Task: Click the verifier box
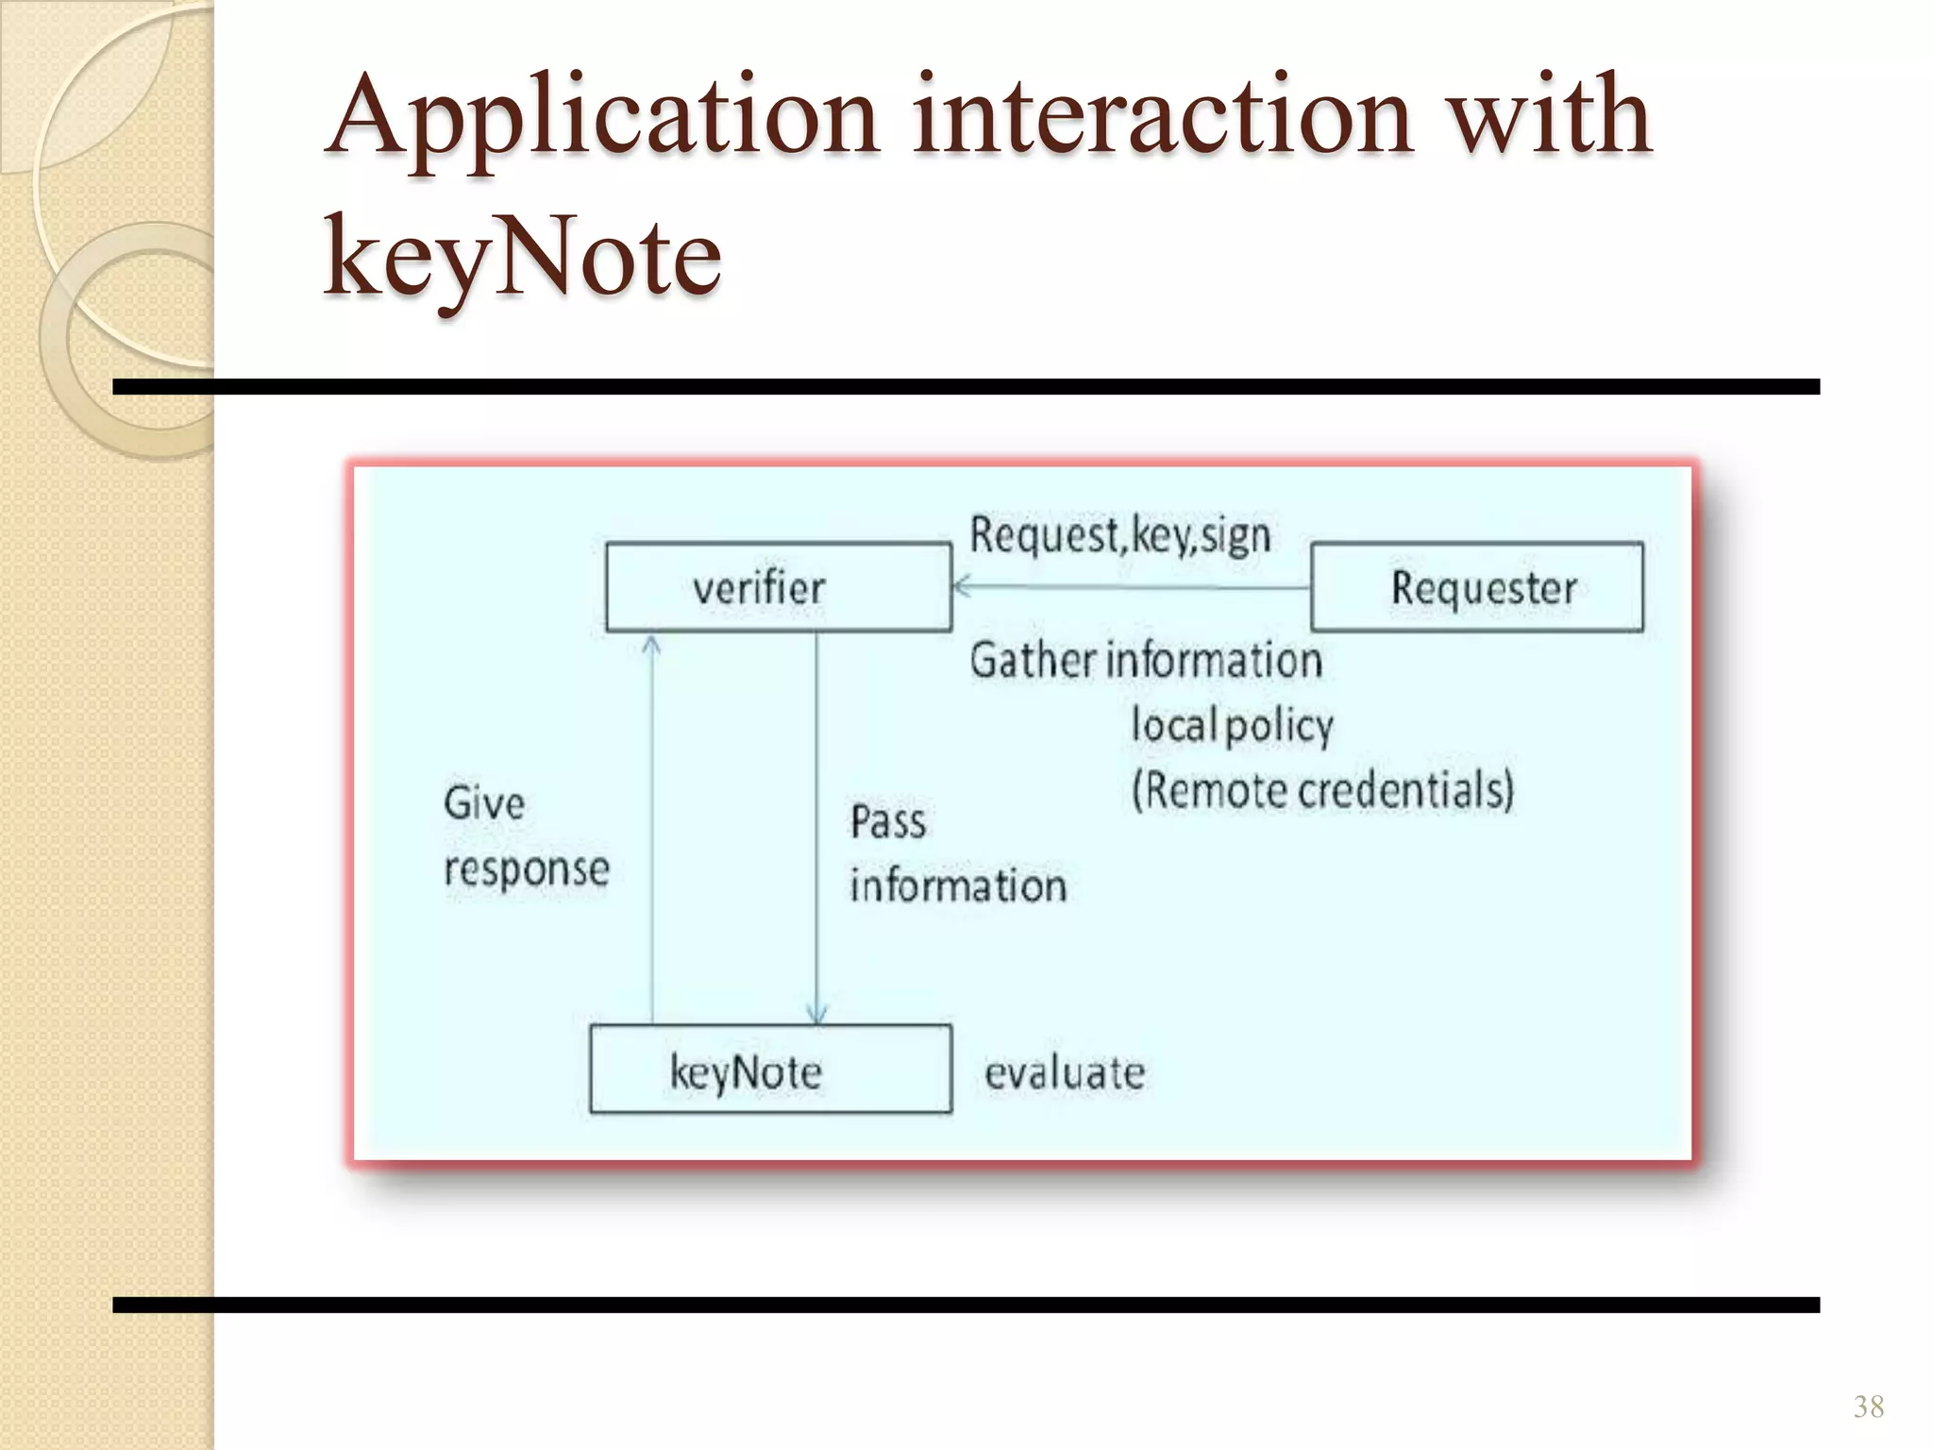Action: pos(778,586)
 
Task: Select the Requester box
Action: pos(1476,586)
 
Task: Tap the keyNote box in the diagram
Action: pos(770,1070)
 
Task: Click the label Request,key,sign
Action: pos(1120,535)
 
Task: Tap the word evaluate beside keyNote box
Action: pos(1065,1073)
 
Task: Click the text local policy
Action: pos(1232,726)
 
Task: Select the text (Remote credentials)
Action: pos(1322,790)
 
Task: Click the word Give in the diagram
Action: pos(484,803)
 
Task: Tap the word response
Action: pos(527,869)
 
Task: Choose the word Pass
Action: pos(887,821)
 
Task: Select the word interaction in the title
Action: pos(1162,117)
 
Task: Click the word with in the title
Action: pos(1549,117)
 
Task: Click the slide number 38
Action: pos(1868,1407)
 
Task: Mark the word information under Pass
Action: pos(958,886)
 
